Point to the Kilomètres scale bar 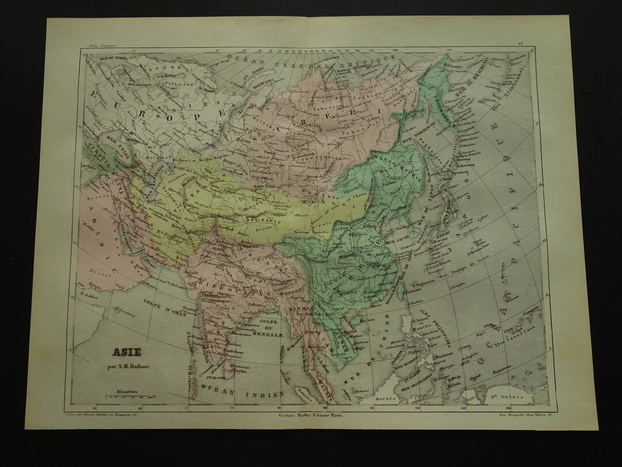point(127,396)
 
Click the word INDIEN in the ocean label point(266,394)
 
